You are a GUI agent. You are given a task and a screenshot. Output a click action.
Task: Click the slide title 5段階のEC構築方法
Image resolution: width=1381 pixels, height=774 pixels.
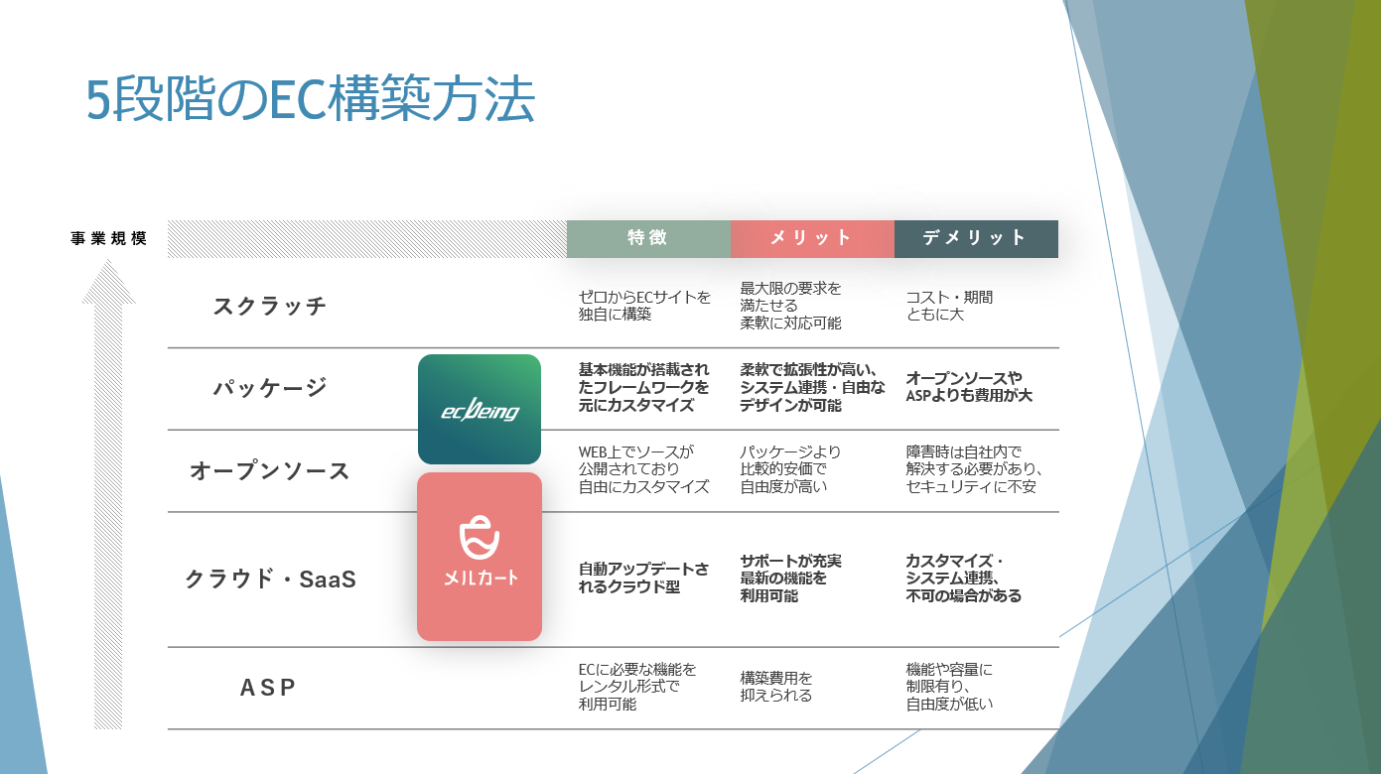point(311,100)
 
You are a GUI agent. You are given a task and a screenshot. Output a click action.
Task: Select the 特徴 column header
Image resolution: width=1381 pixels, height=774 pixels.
point(647,238)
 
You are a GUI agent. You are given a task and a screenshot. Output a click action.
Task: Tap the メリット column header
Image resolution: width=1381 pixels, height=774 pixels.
point(811,238)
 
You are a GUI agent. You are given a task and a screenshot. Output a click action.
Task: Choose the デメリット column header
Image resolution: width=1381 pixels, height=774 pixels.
point(975,238)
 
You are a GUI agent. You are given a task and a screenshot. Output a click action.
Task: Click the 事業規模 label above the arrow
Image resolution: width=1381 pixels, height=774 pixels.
point(109,239)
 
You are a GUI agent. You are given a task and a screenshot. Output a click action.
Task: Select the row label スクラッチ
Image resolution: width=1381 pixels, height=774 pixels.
point(270,306)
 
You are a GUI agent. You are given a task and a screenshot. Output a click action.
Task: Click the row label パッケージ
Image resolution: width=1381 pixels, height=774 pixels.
point(270,387)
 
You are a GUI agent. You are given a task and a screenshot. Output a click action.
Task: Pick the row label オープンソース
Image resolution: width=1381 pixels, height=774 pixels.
point(270,470)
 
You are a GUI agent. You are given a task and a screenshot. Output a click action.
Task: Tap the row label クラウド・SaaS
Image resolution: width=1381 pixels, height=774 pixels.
point(270,579)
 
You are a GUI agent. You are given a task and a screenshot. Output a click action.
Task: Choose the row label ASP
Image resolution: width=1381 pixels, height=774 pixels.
point(269,687)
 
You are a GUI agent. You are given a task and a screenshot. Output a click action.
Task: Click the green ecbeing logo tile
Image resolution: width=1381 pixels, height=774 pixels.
point(480,409)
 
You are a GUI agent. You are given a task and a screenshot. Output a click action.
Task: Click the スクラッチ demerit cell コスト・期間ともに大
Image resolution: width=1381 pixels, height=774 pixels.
point(949,306)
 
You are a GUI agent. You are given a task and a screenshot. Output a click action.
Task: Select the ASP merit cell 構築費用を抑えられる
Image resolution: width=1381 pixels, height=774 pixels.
point(776,687)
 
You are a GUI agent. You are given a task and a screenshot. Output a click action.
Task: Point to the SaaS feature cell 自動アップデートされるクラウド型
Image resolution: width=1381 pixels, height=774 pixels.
point(644,579)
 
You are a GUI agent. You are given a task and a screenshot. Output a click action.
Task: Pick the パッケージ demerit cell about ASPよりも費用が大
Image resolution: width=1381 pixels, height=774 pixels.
point(969,387)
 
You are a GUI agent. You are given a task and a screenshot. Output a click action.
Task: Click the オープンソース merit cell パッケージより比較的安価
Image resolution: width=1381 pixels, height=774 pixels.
point(790,470)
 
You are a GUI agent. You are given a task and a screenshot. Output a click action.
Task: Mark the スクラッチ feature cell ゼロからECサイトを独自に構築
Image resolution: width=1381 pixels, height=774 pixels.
point(644,306)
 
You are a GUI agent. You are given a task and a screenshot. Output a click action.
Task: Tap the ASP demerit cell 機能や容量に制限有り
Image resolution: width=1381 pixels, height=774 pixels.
point(950,687)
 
